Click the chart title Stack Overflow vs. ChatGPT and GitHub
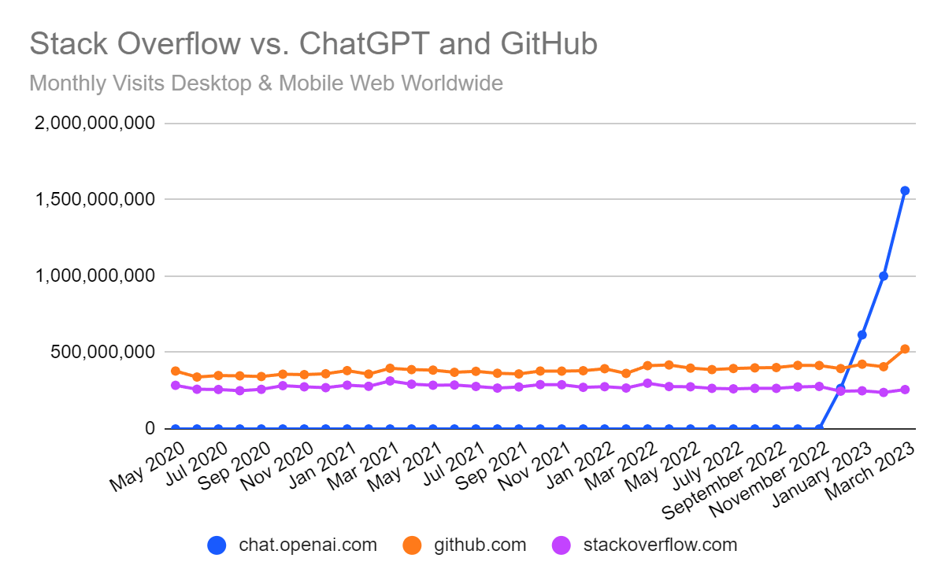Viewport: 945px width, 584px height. point(313,45)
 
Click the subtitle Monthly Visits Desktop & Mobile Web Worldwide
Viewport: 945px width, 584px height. point(265,83)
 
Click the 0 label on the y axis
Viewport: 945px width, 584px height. point(149,429)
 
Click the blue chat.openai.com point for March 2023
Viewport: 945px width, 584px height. point(905,190)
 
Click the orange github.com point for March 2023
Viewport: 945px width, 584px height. point(905,349)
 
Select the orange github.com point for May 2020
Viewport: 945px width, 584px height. point(176,371)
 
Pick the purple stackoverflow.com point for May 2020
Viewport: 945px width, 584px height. point(176,386)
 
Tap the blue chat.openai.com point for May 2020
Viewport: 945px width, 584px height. point(176,429)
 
